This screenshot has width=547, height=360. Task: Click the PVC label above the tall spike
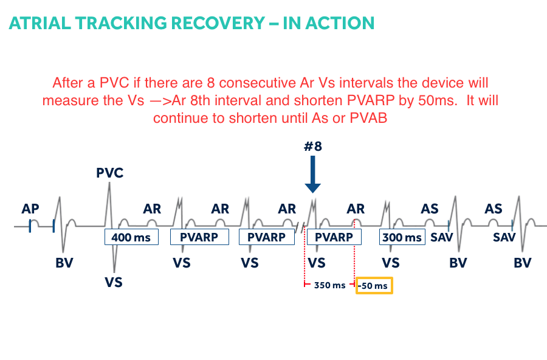[109, 173]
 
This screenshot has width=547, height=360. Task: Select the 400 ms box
[131, 237]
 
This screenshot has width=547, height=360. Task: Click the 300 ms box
[401, 237]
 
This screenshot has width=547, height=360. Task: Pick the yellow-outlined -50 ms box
[374, 285]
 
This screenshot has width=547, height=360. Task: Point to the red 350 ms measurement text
[329, 285]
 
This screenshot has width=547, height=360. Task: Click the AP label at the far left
[30, 209]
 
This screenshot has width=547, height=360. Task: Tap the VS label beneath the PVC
[114, 282]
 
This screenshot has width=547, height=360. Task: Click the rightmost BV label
[522, 263]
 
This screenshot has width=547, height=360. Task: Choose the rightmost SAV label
[504, 237]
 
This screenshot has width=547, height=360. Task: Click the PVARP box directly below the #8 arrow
[334, 237]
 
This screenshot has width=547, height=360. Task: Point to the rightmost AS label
[493, 209]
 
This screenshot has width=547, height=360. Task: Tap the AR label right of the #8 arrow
[356, 209]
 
